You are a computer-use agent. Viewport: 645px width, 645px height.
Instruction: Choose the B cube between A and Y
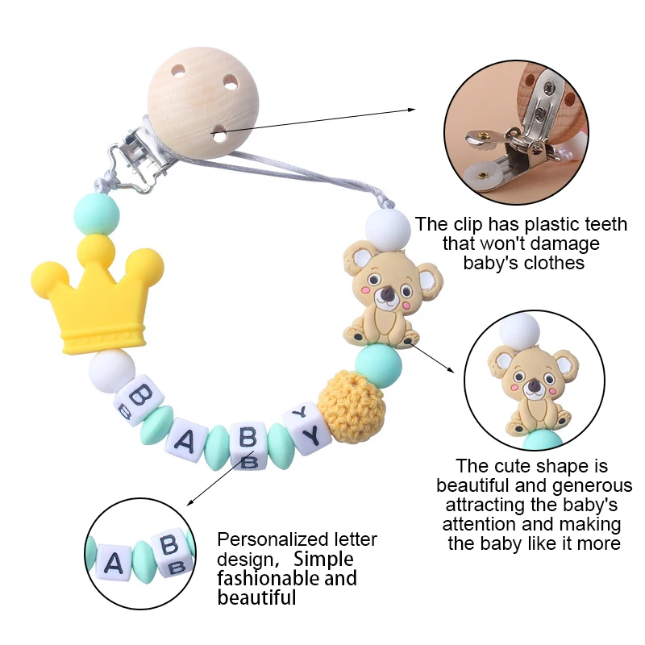tap(248, 443)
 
